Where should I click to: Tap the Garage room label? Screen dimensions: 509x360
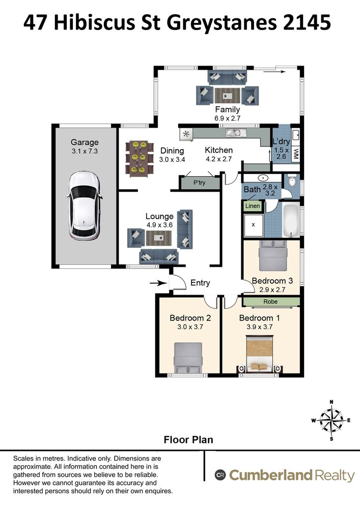[x=85, y=143]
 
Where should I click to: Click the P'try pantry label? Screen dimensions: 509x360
[x=199, y=182]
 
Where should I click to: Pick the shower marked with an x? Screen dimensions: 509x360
[x=254, y=224]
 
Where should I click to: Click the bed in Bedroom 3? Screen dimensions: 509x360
[x=274, y=256]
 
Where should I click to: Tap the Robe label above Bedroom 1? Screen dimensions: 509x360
[x=270, y=302]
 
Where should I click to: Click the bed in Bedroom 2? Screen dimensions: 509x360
[x=189, y=357]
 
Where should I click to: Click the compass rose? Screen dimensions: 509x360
[x=331, y=420]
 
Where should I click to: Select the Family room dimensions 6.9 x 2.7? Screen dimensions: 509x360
[x=227, y=118]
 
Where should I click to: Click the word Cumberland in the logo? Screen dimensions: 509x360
[x=270, y=475]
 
